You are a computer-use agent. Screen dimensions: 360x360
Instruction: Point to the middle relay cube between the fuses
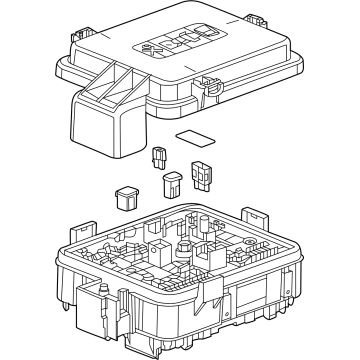[x=171, y=184]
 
